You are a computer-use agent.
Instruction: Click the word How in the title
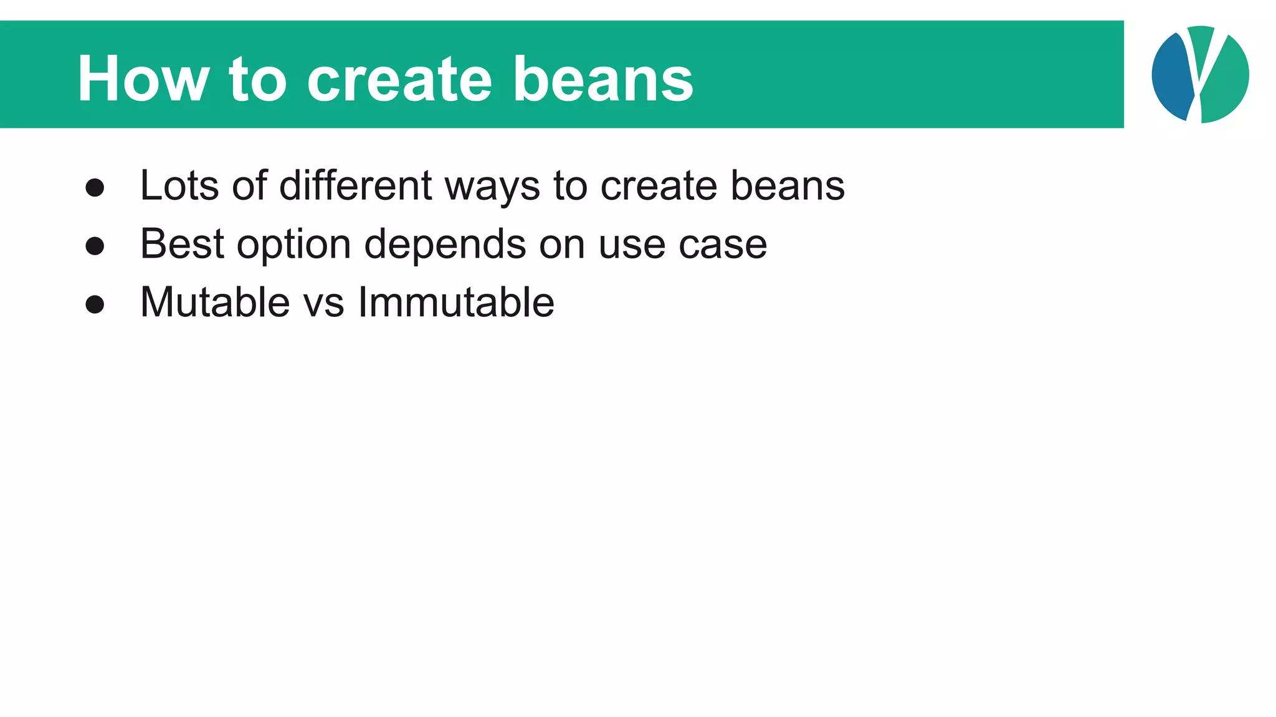pyautogui.click(x=143, y=79)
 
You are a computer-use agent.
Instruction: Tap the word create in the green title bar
pyautogui.click(x=399, y=79)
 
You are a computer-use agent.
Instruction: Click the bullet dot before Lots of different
pyautogui.click(x=95, y=188)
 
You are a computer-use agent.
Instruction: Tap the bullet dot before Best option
pyautogui.click(x=95, y=246)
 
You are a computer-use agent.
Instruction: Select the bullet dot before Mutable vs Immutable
pyautogui.click(x=95, y=304)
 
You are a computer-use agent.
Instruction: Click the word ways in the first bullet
pyautogui.click(x=492, y=187)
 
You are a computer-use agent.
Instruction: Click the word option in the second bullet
pyautogui.click(x=294, y=245)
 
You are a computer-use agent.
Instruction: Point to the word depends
pyautogui.click(x=445, y=245)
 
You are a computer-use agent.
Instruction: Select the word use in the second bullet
pyautogui.click(x=632, y=245)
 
